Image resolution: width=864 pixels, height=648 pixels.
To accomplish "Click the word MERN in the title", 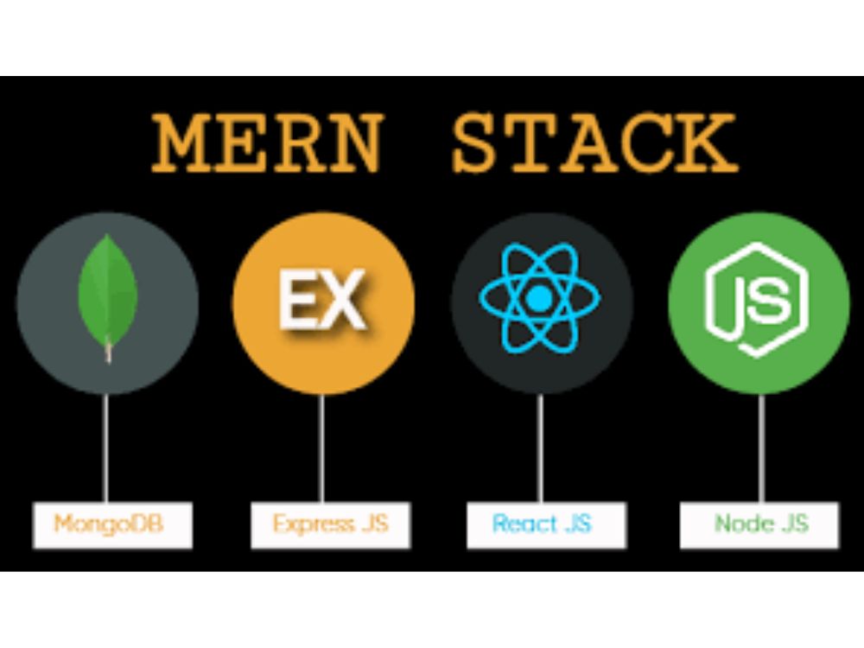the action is pos(267,143).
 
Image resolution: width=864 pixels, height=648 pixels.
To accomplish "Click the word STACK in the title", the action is pos(594,143).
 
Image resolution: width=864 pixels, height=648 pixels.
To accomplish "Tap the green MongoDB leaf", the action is pos(107,295).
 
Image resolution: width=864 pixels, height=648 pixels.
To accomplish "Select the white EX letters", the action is pos(323,300).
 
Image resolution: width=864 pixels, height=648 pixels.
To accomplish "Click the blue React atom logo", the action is pos(539,298).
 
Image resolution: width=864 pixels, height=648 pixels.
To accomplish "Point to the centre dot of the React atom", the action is pos(539,298).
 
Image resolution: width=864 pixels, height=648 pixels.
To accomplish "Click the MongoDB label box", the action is pos(113,524).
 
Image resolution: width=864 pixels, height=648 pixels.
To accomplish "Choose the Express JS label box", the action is pos(331,524).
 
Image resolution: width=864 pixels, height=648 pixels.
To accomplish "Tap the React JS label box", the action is pos(547,524).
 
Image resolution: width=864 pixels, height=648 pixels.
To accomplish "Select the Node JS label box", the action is pos(759,524).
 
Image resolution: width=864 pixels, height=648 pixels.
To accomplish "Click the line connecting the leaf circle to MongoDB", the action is pos(105,448).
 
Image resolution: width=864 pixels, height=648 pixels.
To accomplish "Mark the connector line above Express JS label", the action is pos(321,448).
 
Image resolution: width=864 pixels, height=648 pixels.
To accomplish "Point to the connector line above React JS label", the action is pos(540,448).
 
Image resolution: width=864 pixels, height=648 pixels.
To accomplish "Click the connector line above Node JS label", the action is pos(761,448).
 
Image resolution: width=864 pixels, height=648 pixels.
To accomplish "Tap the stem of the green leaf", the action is pos(109,351).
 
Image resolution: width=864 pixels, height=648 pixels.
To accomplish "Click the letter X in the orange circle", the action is pos(342,300).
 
